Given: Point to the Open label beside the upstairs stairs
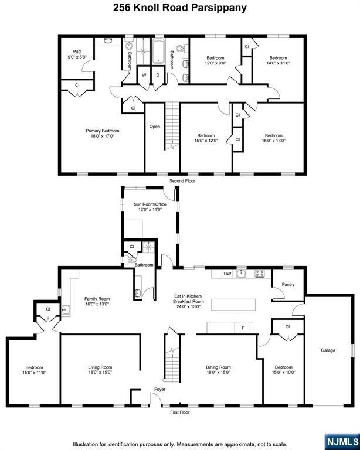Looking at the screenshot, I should pos(154,127).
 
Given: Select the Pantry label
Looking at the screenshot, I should pos(287,285).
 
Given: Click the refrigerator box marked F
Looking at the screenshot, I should pos(243,327).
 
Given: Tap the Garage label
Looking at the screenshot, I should pos(328,350).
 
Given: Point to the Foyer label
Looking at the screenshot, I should pos(159,389).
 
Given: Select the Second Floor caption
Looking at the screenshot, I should pos(182,181).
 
